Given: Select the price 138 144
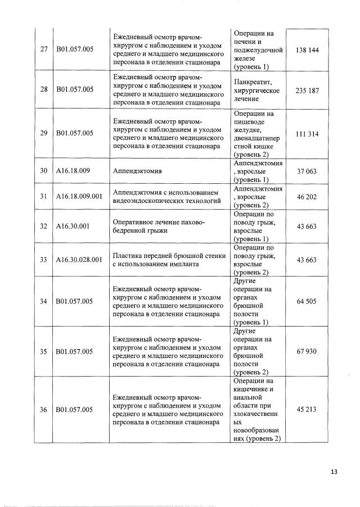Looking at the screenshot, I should coord(307,51).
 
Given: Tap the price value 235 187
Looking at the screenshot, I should coord(307,89).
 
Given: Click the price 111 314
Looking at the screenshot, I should coord(307,134).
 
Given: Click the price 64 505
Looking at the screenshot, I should coord(307,301).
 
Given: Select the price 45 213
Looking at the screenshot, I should coord(307,410).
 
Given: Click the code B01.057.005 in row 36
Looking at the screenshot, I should coord(74,410).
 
